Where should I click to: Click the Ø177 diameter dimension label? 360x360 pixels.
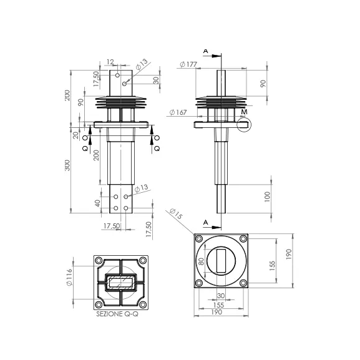(188, 64)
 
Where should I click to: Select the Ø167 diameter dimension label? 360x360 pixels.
(178, 112)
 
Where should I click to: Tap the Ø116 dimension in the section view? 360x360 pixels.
(69, 278)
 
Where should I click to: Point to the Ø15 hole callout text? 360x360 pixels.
(176, 213)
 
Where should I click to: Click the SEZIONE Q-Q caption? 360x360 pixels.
(117, 314)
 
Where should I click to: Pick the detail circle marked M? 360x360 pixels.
(244, 124)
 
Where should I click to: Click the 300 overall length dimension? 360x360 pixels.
(67, 165)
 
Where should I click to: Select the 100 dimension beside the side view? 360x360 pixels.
(267, 197)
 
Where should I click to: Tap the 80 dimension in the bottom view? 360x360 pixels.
(201, 261)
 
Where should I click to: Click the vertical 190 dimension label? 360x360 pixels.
(289, 254)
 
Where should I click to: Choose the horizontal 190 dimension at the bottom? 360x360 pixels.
(216, 312)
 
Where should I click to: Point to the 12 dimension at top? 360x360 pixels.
(110, 62)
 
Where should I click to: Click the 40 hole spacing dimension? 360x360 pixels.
(97, 203)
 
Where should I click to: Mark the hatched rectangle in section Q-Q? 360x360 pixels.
(121, 283)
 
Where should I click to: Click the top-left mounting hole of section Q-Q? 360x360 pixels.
(99, 260)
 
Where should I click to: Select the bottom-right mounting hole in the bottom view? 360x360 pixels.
(243, 283)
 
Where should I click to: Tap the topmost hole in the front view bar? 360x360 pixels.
(117, 75)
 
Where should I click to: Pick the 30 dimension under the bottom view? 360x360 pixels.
(221, 296)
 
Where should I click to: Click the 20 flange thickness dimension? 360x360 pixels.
(75, 135)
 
